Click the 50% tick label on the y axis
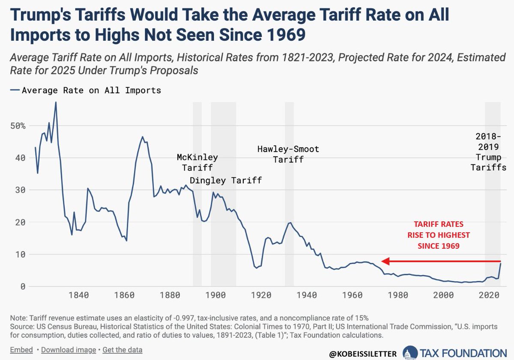(x=18, y=126)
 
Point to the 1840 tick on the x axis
(x=78, y=295)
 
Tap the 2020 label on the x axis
(x=488, y=295)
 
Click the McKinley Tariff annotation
(x=197, y=162)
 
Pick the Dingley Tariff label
(x=226, y=180)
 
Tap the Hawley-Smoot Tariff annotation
(x=288, y=154)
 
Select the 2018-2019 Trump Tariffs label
(x=488, y=152)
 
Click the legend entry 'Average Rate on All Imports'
(x=86, y=90)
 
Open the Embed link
(x=22, y=350)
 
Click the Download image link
(x=69, y=350)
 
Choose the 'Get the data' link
(x=123, y=350)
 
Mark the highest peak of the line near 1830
(x=56, y=102)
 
